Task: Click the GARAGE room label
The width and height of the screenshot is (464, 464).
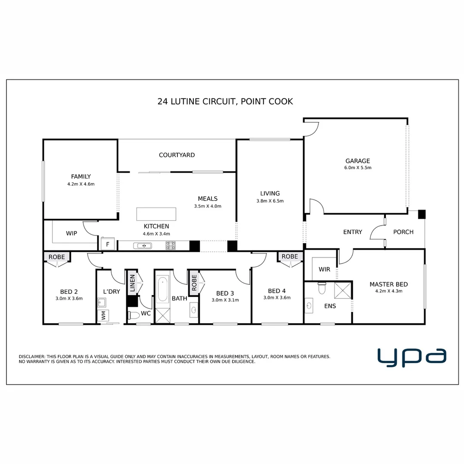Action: tap(357, 161)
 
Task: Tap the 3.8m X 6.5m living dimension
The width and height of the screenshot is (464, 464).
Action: tap(270, 201)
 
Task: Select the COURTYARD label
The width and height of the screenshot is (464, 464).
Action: tap(177, 155)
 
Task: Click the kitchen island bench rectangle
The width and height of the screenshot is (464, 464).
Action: tap(156, 214)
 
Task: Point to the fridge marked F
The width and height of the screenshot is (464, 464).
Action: tap(107, 244)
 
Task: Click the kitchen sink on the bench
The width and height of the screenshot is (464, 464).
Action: tap(143, 246)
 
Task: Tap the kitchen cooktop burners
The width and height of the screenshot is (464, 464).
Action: tap(171, 246)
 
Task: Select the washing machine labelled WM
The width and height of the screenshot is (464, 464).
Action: tap(103, 315)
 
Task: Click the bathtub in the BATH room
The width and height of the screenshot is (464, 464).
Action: tap(162, 290)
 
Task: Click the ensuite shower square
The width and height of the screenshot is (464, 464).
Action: tap(343, 290)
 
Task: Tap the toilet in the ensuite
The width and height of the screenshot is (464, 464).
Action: tap(322, 288)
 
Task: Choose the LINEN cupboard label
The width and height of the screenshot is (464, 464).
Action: tap(132, 283)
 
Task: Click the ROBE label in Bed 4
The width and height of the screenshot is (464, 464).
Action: tap(290, 256)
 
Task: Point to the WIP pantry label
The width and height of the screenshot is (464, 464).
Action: tap(72, 233)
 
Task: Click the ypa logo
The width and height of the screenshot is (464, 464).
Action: tap(412, 357)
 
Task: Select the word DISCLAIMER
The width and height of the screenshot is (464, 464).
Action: tap(32, 357)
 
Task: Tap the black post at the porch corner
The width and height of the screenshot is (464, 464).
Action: tap(422, 214)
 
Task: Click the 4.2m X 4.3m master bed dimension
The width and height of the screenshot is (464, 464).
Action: tap(389, 291)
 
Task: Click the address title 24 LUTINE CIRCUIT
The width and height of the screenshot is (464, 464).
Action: tap(196, 101)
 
